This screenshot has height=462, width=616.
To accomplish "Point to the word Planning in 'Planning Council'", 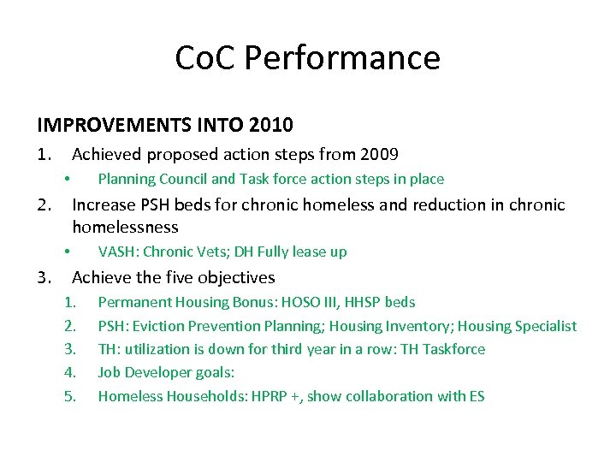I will click(x=127, y=179).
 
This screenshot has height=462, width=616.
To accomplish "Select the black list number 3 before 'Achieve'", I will click(x=43, y=277).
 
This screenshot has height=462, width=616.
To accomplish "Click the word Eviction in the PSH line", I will click(x=153, y=326).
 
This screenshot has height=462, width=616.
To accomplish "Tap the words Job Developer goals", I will click(x=166, y=373).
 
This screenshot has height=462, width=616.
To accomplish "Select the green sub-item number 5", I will click(x=70, y=396).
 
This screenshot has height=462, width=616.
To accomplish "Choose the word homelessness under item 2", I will click(x=125, y=228).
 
